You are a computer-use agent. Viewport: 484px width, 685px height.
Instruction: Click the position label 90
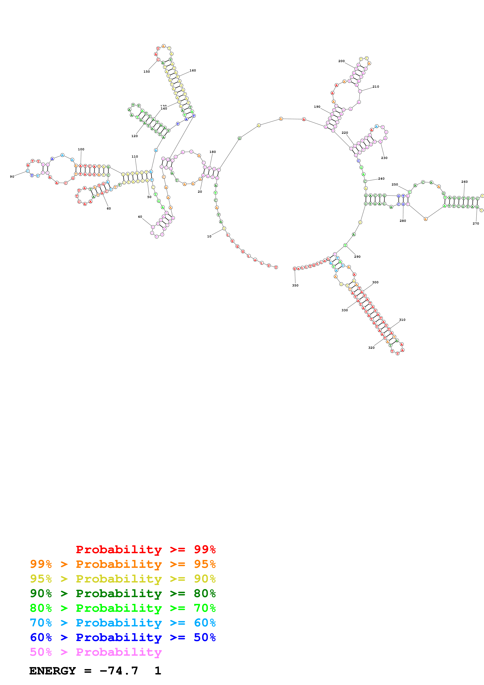pos(12,177)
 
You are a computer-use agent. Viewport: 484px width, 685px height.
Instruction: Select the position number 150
pos(146,72)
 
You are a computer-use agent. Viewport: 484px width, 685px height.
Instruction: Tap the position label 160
pos(193,70)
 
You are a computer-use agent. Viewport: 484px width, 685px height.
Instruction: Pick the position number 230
pos(384,158)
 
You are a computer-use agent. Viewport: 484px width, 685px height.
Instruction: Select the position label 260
pos(464,182)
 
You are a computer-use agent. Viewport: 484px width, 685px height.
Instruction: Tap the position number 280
pos(403,221)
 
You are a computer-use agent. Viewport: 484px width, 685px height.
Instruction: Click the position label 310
pos(402,320)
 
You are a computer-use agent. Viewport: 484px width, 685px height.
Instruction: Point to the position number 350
pos(295,285)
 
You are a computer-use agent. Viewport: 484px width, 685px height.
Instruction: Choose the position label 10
pos(209,236)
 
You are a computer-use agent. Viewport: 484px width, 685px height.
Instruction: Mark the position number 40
pos(140,217)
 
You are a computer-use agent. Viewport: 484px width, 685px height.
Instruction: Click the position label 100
pos(81,149)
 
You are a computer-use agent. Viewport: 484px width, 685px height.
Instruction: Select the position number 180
pos(212,152)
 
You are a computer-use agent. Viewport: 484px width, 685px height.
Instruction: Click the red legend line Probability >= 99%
pos(145,549)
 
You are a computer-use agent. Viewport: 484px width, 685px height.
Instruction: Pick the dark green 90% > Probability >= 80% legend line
pos(123,593)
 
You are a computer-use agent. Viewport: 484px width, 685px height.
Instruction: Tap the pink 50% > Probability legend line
pos(95,652)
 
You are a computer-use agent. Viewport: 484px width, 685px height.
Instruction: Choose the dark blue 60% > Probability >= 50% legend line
pos(123,637)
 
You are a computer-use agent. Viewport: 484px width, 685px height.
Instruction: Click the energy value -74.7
pos(119,671)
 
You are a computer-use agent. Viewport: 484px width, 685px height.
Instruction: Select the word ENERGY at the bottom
pos(53,671)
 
